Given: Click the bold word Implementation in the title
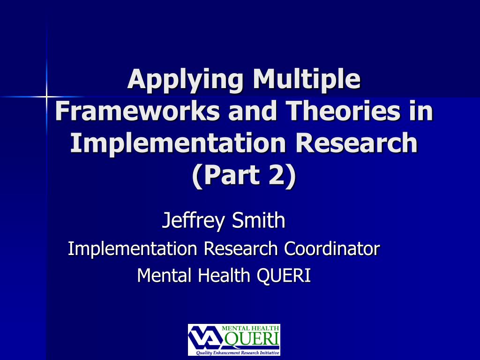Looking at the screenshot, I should pos(178,143).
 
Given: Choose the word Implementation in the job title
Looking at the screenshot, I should pos(132,249).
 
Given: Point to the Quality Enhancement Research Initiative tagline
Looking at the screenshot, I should pos(238,352).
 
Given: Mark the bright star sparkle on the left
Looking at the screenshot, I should pos(47,97).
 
